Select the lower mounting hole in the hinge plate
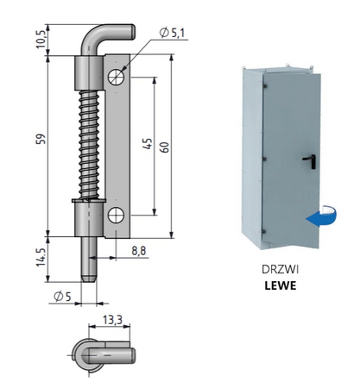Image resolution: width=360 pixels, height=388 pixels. pos(117,216)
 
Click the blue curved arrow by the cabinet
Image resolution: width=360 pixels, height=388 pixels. pos(318,216)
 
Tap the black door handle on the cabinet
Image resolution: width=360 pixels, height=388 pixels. pos(307,160)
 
